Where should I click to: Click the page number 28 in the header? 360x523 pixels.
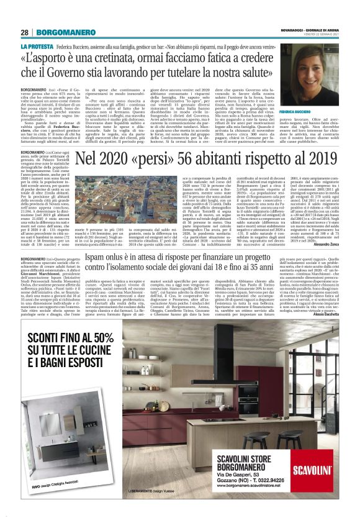tap(24, 32)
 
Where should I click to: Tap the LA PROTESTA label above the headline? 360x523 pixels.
tap(37, 46)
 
